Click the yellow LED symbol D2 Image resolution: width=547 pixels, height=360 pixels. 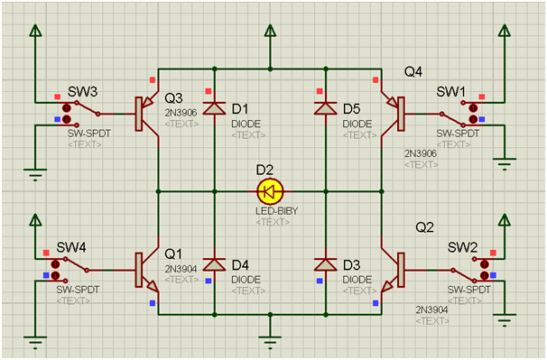pos(270,191)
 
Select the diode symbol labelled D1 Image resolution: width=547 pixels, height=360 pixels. pos(214,108)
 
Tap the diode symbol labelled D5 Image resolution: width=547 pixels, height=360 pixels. pos(326,108)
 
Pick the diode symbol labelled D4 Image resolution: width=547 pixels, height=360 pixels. pos(214,264)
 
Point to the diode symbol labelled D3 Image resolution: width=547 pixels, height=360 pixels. pos(326,264)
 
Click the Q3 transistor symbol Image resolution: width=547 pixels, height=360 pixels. pos(146,114)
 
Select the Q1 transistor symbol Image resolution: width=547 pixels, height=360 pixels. pos(146,270)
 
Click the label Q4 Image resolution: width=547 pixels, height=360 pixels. pos(413,72)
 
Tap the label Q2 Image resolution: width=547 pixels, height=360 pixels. pos(424,227)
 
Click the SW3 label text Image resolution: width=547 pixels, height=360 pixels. pos(83,92)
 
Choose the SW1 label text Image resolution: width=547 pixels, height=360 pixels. pos(450,92)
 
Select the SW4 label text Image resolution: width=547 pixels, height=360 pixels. pos(71,247)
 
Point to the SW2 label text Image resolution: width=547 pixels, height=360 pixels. pos(462,247)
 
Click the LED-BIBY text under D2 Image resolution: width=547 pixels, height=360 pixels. pos(276,211)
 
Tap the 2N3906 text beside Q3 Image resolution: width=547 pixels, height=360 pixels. pos(181,113)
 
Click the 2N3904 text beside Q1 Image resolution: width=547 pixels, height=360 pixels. pos(181,269)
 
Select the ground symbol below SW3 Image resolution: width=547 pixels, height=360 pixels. pos(35,174)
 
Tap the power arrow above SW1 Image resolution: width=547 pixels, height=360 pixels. pos(505,30)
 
